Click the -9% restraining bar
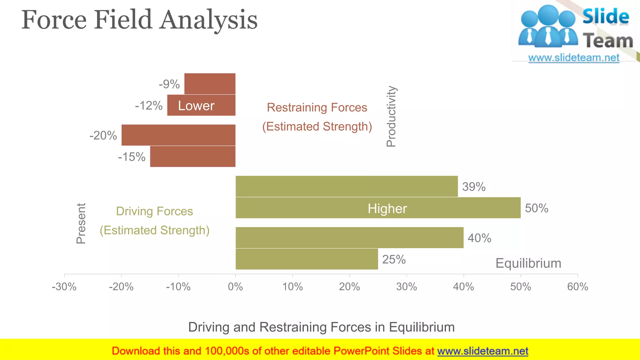click(x=210, y=84)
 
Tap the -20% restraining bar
click(x=178, y=135)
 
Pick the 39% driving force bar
click(x=346, y=187)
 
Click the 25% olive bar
click(x=306, y=259)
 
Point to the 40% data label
click(x=479, y=238)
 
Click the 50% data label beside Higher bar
click(x=536, y=208)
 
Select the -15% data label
click(x=132, y=157)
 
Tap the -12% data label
click(x=148, y=106)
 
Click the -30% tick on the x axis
click(x=64, y=287)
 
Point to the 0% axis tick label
click(x=235, y=287)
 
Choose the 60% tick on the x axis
click(x=577, y=287)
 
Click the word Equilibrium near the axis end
click(x=528, y=263)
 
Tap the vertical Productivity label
click(x=391, y=116)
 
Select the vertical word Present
click(x=81, y=223)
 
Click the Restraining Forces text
click(x=317, y=107)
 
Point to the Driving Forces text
click(x=154, y=211)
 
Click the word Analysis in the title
click(x=209, y=20)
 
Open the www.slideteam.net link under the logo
click(x=573, y=57)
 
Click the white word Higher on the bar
click(x=387, y=208)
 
